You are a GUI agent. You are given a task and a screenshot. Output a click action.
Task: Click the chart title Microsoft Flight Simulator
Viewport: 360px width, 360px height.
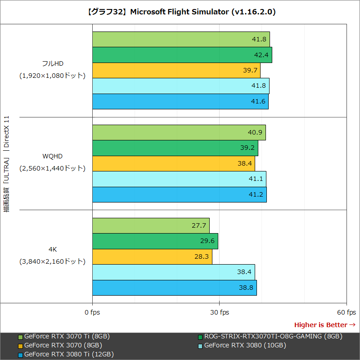pyautogui.click(x=180, y=12)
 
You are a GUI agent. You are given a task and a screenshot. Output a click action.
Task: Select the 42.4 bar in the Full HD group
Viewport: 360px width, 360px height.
pyautogui.click(x=182, y=55)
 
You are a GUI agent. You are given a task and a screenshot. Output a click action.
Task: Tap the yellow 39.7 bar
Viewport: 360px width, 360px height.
pyautogui.click(x=176, y=70)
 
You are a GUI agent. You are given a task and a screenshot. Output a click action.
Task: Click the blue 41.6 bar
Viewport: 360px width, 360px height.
pyautogui.click(x=180, y=101)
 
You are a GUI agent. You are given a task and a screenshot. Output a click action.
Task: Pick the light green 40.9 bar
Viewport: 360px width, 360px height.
pyautogui.click(x=179, y=133)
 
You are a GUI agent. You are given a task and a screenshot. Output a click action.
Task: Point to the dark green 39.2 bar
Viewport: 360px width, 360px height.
pyautogui.click(x=175, y=148)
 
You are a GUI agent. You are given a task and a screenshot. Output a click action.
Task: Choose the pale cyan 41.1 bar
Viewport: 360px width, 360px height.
pyautogui.click(x=179, y=179)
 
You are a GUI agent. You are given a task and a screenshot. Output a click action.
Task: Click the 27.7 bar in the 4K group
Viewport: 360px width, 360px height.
pyautogui.click(x=151, y=225)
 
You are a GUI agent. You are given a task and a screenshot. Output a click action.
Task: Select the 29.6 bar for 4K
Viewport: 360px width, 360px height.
pyautogui.click(x=155, y=241)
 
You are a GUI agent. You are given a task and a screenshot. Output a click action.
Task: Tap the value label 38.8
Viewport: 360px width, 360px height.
pyautogui.click(x=246, y=288)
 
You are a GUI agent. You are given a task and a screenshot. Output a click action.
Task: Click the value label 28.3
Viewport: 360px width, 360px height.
pyautogui.click(x=202, y=256)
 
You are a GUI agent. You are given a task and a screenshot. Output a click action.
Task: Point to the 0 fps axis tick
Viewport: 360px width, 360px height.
pyautogui.click(x=92, y=312)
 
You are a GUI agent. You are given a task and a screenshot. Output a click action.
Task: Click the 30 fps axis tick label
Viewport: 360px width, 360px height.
pyautogui.click(x=219, y=312)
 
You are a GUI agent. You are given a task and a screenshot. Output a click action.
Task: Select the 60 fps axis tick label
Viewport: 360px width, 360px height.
pyautogui.click(x=346, y=312)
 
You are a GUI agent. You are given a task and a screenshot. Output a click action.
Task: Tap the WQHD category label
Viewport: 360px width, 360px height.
pyautogui.click(x=52, y=156)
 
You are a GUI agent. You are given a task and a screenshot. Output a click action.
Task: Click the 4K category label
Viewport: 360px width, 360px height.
pyautogui.click(x=52, y=249)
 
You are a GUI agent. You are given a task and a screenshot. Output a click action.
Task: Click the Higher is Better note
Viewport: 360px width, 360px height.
pyautogui.click(x=324, y=324)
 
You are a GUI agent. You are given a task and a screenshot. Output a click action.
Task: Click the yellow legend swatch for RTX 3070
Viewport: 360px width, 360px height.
pyautogui.click(x=20, y=346)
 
